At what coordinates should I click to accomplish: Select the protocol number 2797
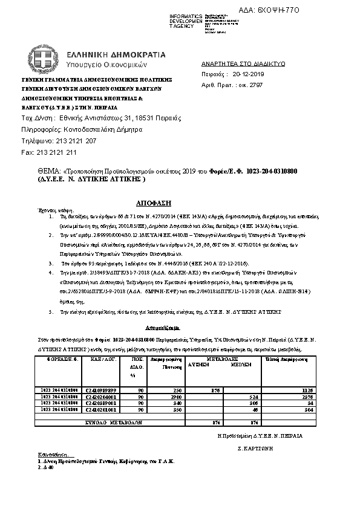tap(256, 85)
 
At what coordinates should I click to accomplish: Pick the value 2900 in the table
tap(160, 397)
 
